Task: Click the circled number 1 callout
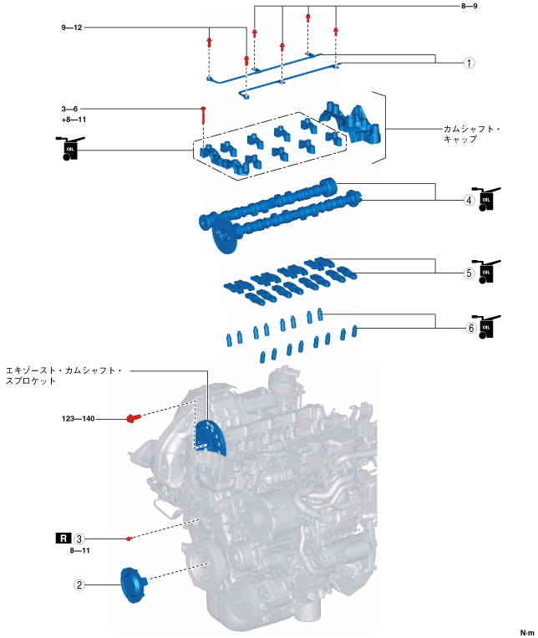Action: point(469,63)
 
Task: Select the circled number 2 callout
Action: point(79,585)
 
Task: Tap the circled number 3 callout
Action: point(79,538)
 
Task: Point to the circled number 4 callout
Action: point(469,200)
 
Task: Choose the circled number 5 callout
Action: point(469,273)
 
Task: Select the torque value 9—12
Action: point(73,28)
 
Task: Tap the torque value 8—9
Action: point(469,7)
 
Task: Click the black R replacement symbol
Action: point(63,538)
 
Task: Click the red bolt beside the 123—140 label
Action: point(132,418)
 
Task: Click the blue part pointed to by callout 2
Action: point(132,584)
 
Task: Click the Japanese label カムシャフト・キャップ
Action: point(471,135)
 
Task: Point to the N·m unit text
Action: point(525,631)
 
